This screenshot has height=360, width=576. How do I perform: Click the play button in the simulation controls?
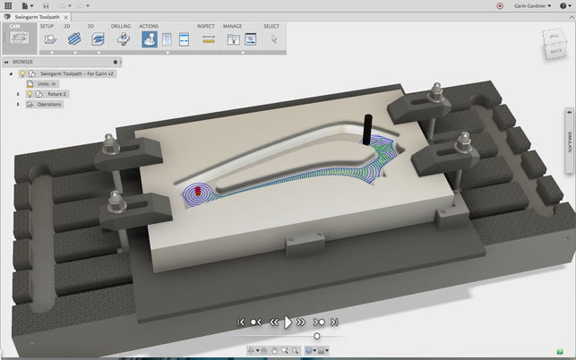[x=288, y=321]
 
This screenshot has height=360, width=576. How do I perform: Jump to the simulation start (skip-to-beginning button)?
[x=241, y=321]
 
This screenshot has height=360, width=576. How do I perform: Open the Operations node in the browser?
[x=48, y=104]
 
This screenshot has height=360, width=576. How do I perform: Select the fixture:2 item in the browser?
[x=57, y=93]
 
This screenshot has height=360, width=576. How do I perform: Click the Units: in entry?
[x=47, y=83]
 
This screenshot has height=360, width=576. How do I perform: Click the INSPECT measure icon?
[x=209, y=39]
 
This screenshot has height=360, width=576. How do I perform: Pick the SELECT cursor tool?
[x=274, y=39]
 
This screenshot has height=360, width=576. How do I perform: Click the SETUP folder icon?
[x=50, y=39]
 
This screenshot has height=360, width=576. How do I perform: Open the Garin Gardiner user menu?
[x=535, y=5]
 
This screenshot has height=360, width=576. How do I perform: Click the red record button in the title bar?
[x=499, y=5]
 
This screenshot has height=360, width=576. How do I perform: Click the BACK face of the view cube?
[x=555, y=50]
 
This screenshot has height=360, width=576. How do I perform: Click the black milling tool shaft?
[x=366, y=130]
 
